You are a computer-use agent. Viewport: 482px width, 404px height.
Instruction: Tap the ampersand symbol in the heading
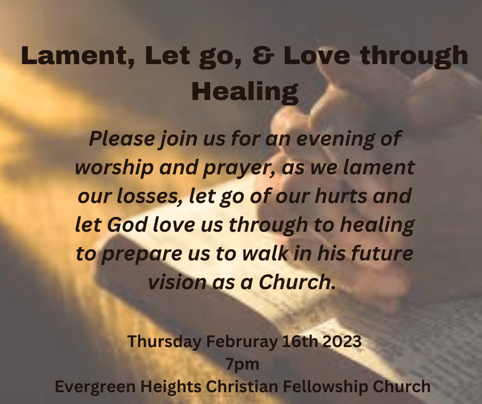[263, 56]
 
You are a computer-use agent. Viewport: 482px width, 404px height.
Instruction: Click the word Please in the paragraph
[122, 138]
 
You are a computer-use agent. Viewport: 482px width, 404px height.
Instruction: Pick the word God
[127, 225]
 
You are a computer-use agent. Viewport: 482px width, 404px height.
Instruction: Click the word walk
[265, 253]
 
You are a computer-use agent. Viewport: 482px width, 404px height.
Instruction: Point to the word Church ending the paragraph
[297, 281]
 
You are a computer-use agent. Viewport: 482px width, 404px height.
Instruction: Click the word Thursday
[165, 342]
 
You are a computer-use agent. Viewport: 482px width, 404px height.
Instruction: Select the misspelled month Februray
[242, 342]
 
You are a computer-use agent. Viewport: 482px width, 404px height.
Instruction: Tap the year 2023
[342, 341]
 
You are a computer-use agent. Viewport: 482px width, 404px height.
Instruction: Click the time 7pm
[243, 365]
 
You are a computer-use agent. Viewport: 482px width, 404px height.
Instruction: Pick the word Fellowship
[325, 387]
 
